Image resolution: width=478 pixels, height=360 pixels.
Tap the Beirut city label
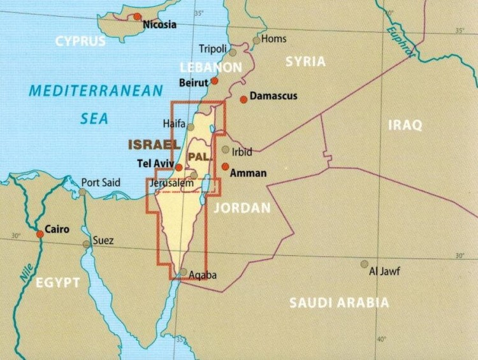pyautogui.click(x=195, y=82)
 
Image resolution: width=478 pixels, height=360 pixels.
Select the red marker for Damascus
pyautogui.click(x=243, y=99)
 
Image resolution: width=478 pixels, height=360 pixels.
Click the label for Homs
pyautogui.click(x=274, y=39)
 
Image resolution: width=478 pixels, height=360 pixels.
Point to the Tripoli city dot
pyautogui.click(x=233, y=53)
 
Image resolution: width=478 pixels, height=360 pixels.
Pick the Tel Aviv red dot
pyautogui.click(x=179, y=168)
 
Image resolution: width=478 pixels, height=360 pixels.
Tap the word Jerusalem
pyautogui.click(x=170, y=183)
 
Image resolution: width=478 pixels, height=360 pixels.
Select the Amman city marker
pyautogui.click(x=225, y=166)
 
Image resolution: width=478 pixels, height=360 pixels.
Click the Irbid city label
pyautogui.click(x=242, y=152)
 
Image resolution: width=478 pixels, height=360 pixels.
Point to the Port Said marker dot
pyautogui.click(x=82, y=192)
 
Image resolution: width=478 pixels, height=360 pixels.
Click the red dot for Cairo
pyautogui.click(x=40, y=234)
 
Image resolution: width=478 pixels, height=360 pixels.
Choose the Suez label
pyautogui.click(x=103, y=241)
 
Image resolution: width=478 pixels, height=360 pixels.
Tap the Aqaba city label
pyautogui.click(x=203, y=275)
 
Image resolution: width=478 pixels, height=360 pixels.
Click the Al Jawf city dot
pyautogui.click(x=364, y=264)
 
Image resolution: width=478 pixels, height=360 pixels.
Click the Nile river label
pyautogui.click(x=25, y=273)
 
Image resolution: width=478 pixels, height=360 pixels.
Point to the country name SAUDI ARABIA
pyautogui.click(x=338, y=303)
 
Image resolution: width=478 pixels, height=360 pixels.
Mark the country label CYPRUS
pyautogui.click(x=80, y=41)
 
